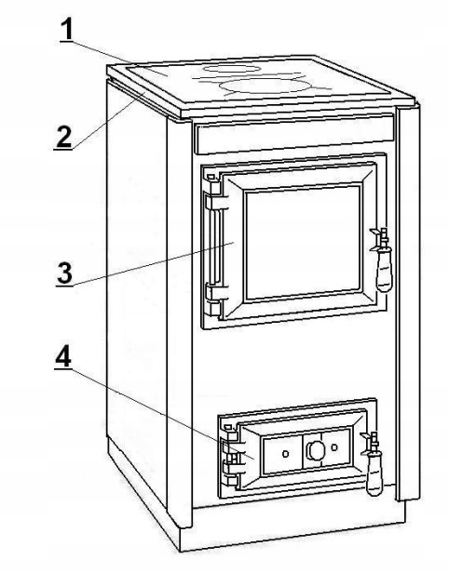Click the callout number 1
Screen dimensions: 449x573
pyautogui.click(x=66, y=30)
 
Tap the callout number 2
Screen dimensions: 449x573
pyautogui.click(x=63, y=137)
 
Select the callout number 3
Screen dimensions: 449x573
pyautogui.click(x=65, y=273)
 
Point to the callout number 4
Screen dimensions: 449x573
pyautogui.click(x=63, y=357)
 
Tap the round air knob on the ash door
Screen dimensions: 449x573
pyautogui.click(x=315, y=449)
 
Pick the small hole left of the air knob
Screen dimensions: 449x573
pyautogui.click(x=285, y=454)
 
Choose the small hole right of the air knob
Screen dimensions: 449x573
pyautogui.click(x=333, y=446)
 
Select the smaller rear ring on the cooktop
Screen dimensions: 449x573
pyautogui.click(x=232, y=68)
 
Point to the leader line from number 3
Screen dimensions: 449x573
pyautogui.click(x=154, y=264)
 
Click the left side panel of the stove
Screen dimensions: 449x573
pyautogui.click(x=137, y=292)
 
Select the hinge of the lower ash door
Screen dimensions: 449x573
pyautogui.click(x=230, y=456)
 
